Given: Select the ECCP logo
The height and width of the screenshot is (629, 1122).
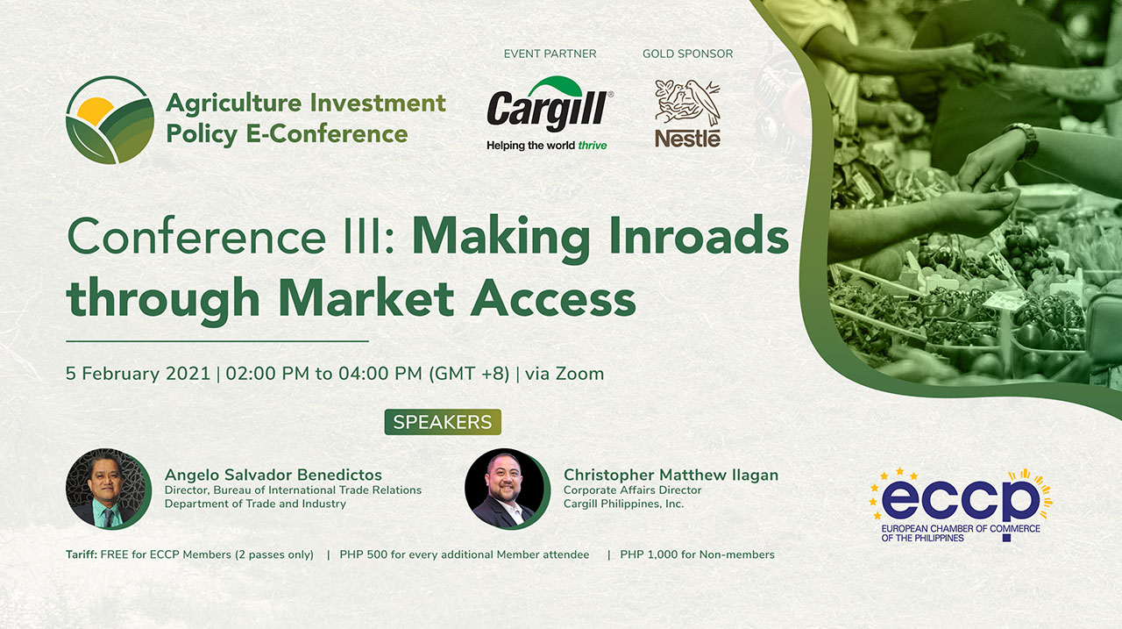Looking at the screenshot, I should click(961, 504).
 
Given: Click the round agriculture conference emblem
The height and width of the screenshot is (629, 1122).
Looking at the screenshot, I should click(110, 120).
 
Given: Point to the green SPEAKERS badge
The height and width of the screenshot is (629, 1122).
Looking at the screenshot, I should click(443, 422).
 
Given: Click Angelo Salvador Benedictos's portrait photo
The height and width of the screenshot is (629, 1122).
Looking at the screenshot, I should click(109, 489).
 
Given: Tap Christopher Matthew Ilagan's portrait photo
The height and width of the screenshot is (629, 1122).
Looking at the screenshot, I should click(507, 489).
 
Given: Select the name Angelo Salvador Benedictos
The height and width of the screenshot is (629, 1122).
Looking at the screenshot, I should click(273, 475).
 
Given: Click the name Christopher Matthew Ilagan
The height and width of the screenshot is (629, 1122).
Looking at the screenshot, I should click(671, 475).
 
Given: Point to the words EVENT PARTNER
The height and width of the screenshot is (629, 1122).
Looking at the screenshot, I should click(550, 54).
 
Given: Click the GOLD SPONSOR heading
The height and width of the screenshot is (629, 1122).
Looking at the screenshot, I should click(688, 54).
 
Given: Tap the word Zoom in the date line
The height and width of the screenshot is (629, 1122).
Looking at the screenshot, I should click(579, 374).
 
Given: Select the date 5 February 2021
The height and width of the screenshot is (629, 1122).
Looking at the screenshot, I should click(138, 374).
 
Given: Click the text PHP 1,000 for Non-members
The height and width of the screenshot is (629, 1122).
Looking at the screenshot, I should click(697, 554).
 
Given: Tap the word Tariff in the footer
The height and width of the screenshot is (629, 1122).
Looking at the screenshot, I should click(82, 554).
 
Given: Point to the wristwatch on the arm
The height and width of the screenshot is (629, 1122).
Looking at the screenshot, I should click(1022, 139).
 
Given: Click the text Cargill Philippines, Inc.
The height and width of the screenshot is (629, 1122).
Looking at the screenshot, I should click(623, 504).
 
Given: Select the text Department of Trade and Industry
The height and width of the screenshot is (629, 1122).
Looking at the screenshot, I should click(255, 504).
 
